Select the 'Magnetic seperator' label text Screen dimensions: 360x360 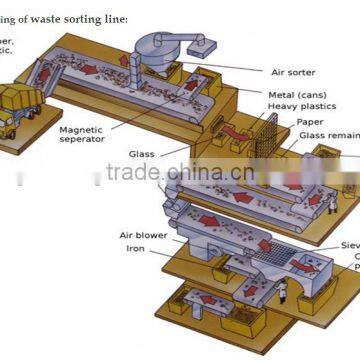pos(83,134)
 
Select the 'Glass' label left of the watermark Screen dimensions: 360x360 pos(141,154)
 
